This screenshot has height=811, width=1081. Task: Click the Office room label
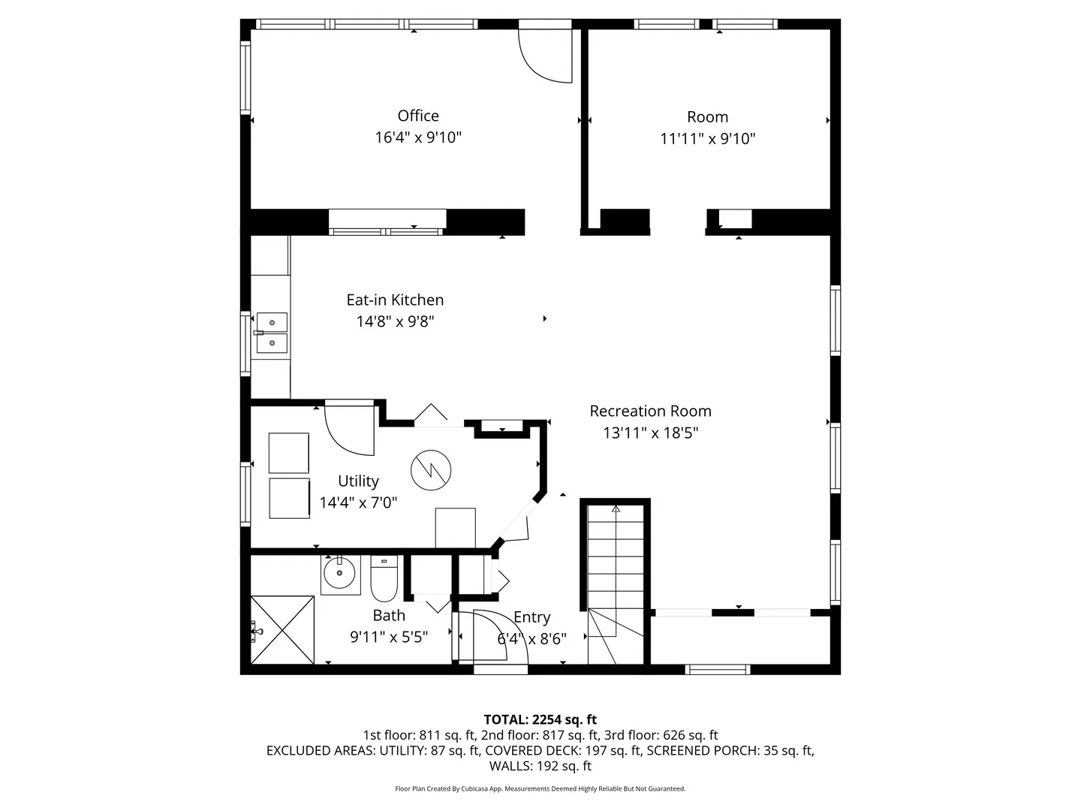tap(418, 116)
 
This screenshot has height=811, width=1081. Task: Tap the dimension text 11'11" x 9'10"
tap(707, 139)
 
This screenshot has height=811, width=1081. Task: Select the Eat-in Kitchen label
tap(395, 300)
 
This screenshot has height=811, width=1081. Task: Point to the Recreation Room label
tap(651, 412)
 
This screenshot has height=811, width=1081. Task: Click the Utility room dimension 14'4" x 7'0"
tap(358, 503)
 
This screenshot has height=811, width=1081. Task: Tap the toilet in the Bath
tap(384, 578)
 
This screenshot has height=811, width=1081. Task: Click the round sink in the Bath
tap(340, 573)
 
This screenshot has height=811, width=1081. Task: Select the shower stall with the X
tap(282, 630)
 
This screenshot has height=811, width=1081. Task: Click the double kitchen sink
tap(271, 333)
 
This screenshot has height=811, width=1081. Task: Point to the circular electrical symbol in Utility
tap(431, 470)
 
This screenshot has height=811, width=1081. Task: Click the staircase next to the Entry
tap(616, 583)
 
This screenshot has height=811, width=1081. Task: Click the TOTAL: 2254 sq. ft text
tap(540, 719)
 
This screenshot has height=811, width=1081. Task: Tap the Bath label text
tap(389, 616)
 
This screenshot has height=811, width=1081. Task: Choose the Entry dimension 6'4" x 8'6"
tap(532, 639)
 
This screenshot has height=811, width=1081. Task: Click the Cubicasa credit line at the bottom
tap(540, 788)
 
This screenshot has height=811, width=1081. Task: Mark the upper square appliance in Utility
tap(289, 453)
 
